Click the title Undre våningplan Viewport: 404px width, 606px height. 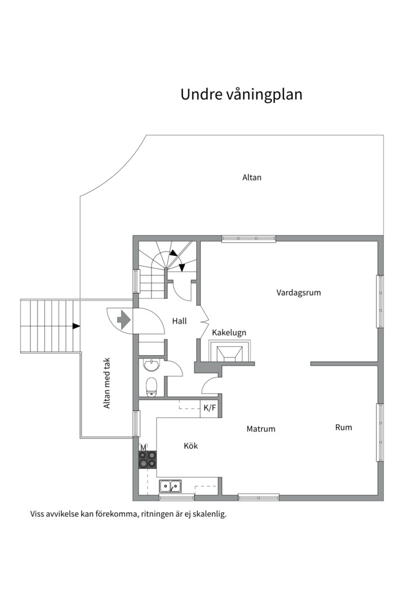tap(241, 95)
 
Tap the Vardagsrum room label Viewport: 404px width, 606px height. tap(299, 292)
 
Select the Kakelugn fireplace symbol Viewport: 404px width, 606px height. tap(229, 351)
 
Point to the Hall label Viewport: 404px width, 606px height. tap(180, 321)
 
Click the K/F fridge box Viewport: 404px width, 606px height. tap(209, 407)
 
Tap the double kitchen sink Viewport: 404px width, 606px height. tap(170, 486)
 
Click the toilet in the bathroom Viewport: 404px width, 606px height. tap(151, 387)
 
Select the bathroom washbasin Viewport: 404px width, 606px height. tap(151, 364)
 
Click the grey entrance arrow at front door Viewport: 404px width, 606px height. tap(123, 320)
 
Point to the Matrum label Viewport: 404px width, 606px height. tap(261, 429)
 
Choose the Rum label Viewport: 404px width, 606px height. tap(343, 427)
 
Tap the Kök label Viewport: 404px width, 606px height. tap(191, 446)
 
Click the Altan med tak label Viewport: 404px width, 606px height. tap(107, 383)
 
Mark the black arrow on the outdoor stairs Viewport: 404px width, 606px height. tap(76, 326)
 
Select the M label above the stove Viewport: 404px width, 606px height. tap(143, 448)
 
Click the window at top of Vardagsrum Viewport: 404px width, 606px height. tap(249, 238)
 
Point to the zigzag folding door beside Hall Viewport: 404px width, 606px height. tap(204, 321)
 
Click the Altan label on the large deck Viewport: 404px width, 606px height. tap(252, 177)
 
